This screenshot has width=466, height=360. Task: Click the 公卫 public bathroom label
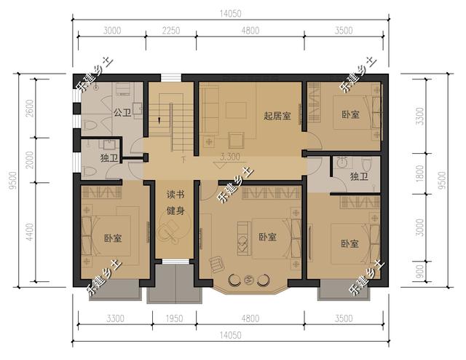tap(122, 112)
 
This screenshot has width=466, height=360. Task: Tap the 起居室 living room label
tap(277, 114)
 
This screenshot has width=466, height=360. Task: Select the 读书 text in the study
tap(175, 195)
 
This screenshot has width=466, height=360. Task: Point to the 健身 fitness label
tap(175, 211)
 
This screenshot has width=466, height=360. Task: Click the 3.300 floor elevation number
tap(231, 157)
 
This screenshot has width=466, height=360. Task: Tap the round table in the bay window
tap(248, 278)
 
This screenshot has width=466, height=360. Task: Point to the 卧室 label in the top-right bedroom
tap(349, 114)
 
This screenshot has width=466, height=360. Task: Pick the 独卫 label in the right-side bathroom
tap(358, 176)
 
